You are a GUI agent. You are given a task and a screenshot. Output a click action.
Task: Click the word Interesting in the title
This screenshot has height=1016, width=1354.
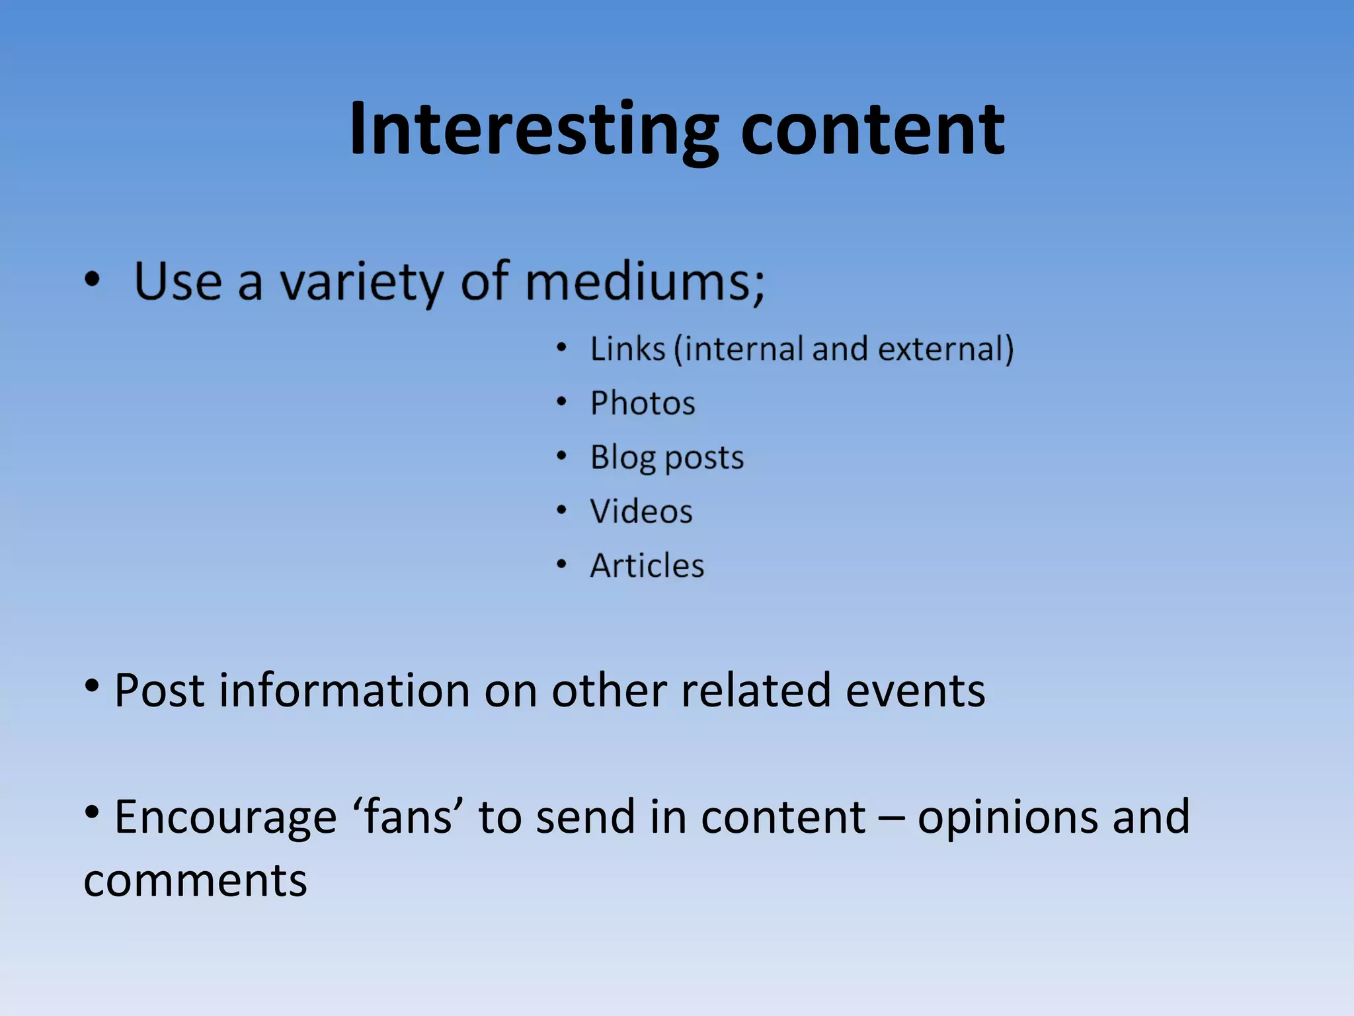pos(533,130)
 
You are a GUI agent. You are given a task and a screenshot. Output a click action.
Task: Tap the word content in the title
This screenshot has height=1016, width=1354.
pos(872,130)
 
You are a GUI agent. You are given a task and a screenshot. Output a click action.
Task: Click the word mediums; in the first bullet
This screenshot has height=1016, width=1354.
pos(645,282)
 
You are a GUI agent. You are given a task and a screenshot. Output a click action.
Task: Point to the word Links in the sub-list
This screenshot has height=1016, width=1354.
pos(627,349)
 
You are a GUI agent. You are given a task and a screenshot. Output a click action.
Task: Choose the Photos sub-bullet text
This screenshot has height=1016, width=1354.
pos(643,403)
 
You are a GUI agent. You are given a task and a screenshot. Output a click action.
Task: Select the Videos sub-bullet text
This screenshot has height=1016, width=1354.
pos(641,511)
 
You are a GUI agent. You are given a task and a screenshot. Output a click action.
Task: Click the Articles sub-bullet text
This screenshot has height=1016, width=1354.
pos(647,566)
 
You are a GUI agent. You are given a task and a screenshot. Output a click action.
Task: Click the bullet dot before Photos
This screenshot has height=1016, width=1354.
pos(561,402)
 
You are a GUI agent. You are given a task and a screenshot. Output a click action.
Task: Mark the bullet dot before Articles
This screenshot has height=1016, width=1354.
pos(561,564)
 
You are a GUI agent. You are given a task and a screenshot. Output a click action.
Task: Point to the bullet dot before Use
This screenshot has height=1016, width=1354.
pos(92,280)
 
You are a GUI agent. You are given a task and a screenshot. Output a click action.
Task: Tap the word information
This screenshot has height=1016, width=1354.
pos(344,691)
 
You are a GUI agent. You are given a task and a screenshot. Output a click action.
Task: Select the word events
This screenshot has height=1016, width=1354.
pos(915,691)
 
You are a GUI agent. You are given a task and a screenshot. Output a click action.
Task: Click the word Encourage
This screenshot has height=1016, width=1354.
pos(225,818)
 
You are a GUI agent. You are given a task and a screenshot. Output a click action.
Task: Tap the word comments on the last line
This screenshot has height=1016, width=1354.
pos(196,881)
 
